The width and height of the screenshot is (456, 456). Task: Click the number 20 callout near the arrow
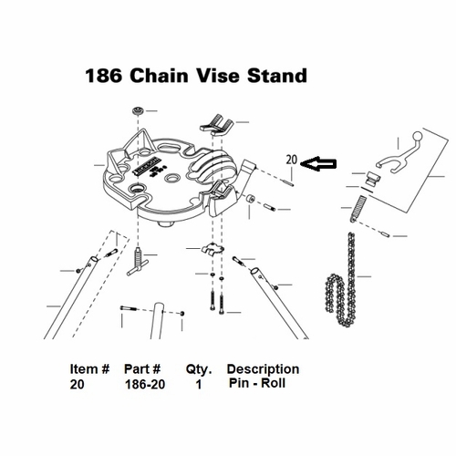tap(292, 160)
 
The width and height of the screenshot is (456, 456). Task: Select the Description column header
tap(263, 369)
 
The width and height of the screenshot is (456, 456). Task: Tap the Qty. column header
tap(198, 370)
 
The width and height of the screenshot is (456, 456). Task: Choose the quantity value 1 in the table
tap(199, 385)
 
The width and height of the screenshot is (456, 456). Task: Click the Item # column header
tap(89, 370)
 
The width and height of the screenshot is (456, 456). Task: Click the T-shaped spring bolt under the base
tap(139, 264)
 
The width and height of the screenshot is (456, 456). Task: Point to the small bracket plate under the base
tap(211, 249)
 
